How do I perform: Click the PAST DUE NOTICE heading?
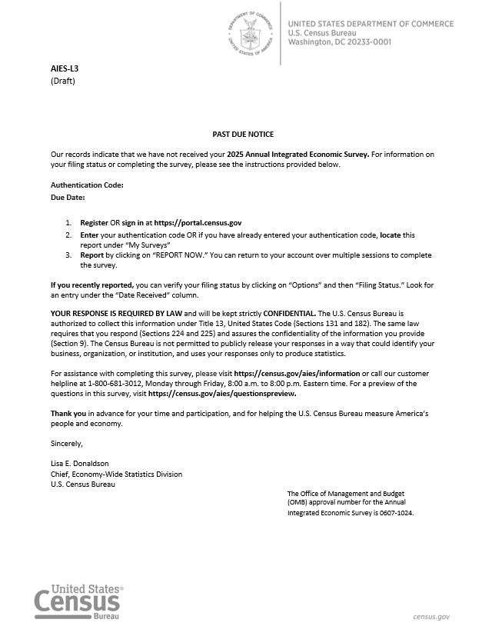tap(242, 134)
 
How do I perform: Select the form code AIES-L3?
tap(65, 68)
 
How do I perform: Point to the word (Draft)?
tap(63, 81)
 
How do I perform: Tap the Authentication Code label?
tap(87, 185)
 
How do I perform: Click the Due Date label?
tap(68, 198)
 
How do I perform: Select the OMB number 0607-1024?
tap(396, 512)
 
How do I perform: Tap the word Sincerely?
tap(66, 443)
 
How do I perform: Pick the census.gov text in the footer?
tap(430, 616)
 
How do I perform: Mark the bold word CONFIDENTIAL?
tap(288, 314)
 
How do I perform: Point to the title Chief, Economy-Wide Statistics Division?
tap(116, 474)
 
